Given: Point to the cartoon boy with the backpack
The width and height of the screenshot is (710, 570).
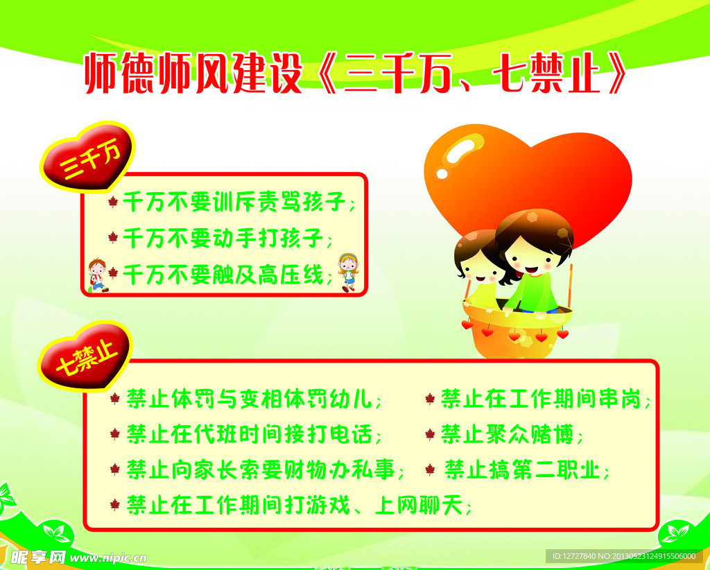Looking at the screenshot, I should (x=97, y=275).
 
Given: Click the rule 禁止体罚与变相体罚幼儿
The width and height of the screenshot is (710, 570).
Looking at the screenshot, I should (x=254, y=399).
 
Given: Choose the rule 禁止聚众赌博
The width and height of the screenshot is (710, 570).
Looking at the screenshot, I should (x=512, y=435).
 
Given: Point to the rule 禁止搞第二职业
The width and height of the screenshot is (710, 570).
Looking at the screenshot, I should (x=526, y=470).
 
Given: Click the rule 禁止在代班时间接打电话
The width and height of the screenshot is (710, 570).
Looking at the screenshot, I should (x=254, y=435).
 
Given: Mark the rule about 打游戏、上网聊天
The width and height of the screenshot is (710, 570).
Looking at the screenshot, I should (x=298, y=506).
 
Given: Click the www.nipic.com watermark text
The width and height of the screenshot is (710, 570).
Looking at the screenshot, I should (x=107, y=558).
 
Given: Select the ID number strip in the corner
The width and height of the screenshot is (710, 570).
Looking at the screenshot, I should (x=625, y=555).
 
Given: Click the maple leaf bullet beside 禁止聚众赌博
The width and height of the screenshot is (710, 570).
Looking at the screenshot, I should (x=430, y=435).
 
